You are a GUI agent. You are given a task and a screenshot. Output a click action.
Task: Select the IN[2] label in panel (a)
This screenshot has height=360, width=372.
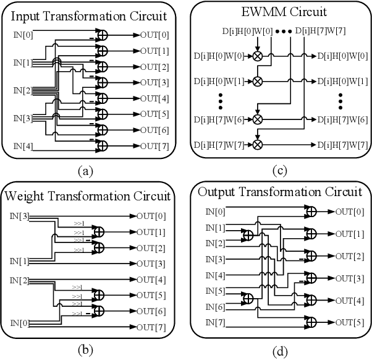coord(22,90)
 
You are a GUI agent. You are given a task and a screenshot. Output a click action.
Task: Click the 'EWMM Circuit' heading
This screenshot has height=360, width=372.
coord(276,11)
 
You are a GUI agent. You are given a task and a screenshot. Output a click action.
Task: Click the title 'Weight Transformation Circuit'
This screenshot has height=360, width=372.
coord(87,197)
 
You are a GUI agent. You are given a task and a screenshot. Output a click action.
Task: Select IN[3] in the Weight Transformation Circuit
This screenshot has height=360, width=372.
coord(18,216)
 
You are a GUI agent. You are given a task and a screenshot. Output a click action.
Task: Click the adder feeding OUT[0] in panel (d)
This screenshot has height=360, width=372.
coord(312,211)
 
